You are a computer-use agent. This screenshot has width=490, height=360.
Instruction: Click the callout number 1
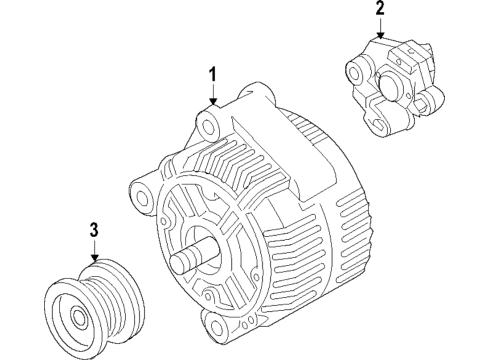(x=212, y=74)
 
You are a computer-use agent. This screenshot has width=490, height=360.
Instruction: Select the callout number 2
(x=380, y=10)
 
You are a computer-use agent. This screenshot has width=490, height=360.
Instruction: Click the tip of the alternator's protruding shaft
(x=179, y=265)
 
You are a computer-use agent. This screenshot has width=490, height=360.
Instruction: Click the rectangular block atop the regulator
(x=395, y=47)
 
